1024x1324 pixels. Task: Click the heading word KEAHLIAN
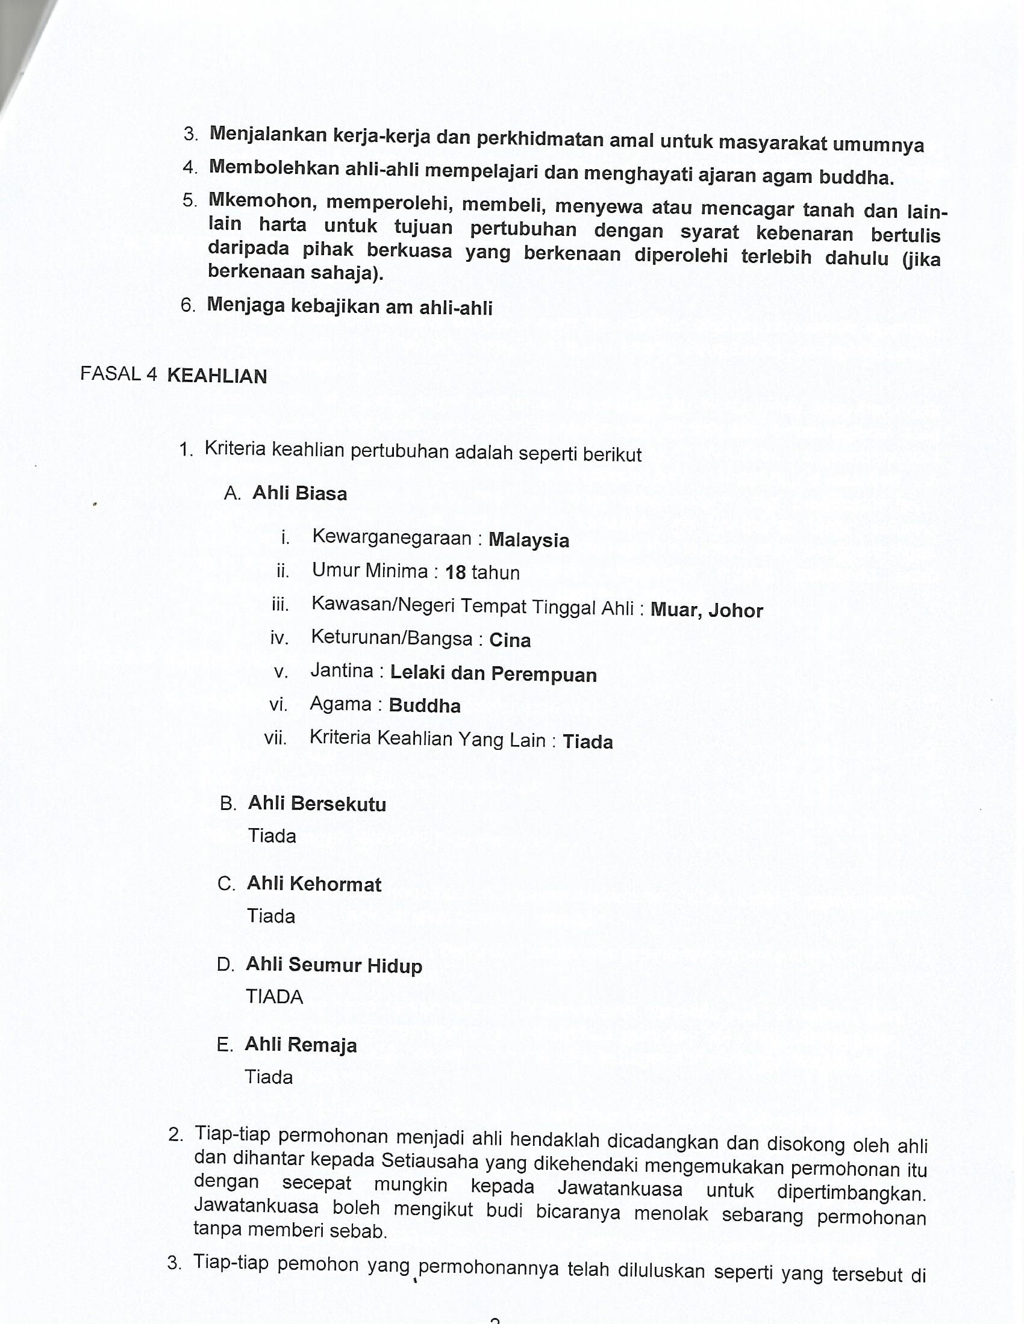coord(217,376)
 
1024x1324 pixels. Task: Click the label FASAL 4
coord(118,374)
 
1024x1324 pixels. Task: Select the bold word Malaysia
coord(528,540)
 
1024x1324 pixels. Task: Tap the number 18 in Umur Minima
coord(455,572)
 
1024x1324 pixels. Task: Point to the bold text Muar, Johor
coord(706,610)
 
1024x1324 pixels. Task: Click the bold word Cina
coord(510,640)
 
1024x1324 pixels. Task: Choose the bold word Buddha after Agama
coord(425,706)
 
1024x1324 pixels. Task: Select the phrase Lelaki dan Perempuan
coord(493,673)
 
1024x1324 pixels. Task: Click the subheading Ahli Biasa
coord(300,493)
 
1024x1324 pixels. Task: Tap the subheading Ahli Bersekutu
coord(317,804)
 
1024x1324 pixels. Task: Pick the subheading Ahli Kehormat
coord(314,884)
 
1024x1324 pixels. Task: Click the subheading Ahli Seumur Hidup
coord(334,965)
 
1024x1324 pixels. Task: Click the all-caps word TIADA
coord(274,997)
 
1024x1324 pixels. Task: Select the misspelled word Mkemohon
coord(261,200)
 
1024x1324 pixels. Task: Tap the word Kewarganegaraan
coord(392,537)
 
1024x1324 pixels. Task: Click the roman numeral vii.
coord(275,738)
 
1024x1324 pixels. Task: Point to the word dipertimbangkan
coord(851,1193)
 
